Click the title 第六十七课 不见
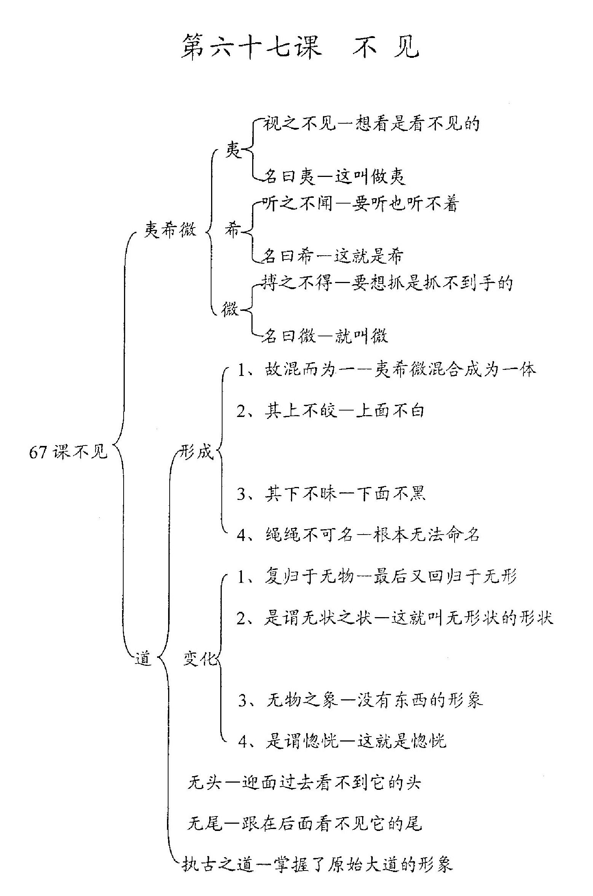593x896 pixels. [300, 48]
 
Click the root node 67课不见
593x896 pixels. [68, 452]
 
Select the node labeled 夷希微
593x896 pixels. [170, 230]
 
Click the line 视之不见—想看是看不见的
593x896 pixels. [371, 124]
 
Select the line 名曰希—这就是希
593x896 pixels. [332, 256]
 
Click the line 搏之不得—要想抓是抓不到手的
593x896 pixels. [387, 283]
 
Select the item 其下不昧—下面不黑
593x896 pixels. [331, 493]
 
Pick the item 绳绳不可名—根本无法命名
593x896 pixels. [358, 535]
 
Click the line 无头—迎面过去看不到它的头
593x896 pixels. [304, 783]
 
